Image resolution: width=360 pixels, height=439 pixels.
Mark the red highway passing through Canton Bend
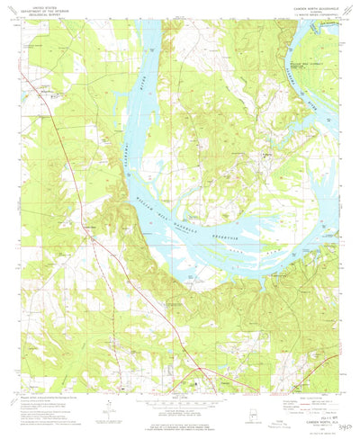85,216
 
